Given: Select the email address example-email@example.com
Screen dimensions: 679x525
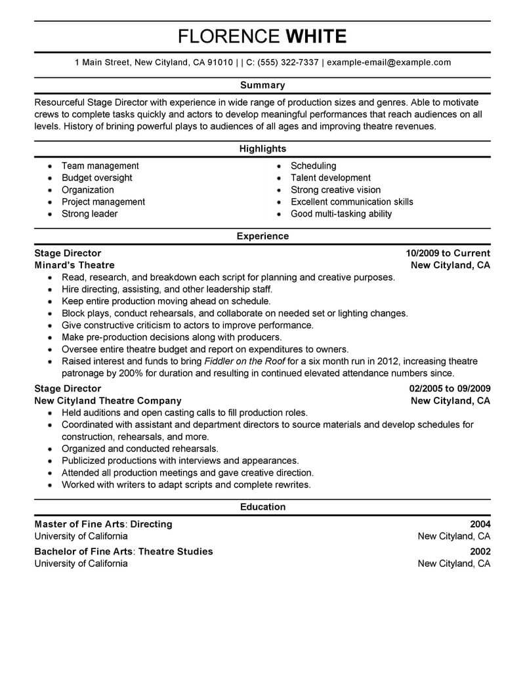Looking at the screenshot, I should click(x=388, y=63).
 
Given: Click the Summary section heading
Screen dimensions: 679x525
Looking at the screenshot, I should click(x=262, y=85).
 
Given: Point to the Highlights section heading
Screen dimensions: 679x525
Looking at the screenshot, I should click(x=262, y=149).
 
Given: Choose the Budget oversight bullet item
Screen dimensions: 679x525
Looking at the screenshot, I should click(x=96, y=178).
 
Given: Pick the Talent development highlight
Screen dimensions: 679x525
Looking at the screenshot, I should click(x=331, y=178).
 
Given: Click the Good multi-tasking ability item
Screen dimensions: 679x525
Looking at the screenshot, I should click(x=341, y=214).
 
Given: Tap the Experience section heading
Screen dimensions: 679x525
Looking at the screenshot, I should click(x=262, y=236).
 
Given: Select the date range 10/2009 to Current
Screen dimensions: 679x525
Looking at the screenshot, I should click(x=448, y=253).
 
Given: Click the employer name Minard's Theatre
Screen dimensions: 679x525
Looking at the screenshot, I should click(x=74, y=265).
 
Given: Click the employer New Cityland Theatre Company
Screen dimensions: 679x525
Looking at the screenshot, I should click(x=108, y=400).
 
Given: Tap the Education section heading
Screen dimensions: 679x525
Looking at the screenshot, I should click(x=262, y=506).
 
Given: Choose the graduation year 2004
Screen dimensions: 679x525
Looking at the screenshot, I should click(x=480, y=524).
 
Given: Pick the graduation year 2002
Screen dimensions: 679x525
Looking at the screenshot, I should click(x=480, y=552).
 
